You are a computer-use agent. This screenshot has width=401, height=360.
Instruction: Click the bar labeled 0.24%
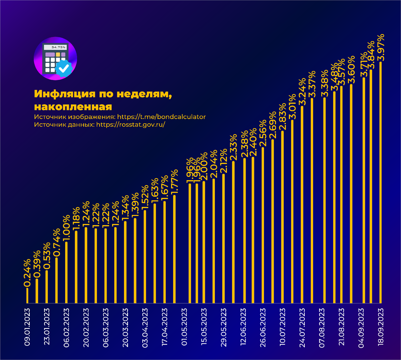(x=28, y=295)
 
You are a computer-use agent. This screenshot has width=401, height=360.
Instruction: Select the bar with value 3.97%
(x=381, y=182)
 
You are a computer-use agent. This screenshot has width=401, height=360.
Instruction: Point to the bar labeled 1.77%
(x=174, y=249)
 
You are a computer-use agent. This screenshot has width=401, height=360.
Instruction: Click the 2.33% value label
(x=234, y=147)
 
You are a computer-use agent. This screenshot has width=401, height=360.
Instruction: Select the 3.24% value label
(x=302, y=92)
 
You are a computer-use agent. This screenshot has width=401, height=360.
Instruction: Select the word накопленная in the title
(x=73, y=107)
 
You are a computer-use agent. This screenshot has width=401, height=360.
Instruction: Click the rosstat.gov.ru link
(x=131, y=125)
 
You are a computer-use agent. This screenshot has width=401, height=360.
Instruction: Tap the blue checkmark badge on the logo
(x=64, y=69)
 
